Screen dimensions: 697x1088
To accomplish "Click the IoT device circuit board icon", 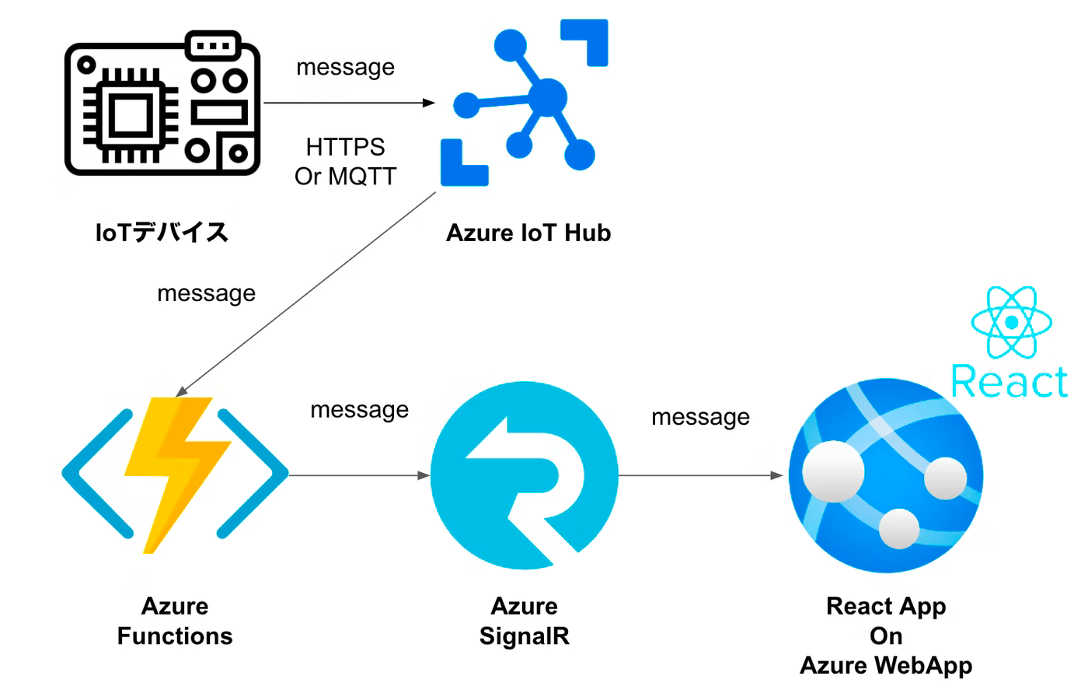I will coord(162,103).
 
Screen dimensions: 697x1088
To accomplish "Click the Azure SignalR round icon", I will coord(525,475).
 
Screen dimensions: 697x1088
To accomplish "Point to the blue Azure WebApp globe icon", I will coord(886,475).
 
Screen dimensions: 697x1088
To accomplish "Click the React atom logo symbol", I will coord(1011,321).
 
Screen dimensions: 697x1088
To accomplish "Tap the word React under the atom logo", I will coord(1010,381).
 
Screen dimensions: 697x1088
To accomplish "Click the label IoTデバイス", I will coord(162,233).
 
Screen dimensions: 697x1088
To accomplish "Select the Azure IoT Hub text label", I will coord(528,233).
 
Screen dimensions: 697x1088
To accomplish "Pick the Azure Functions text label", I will coord(175,621).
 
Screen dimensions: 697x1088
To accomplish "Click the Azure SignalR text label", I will coord(525,621).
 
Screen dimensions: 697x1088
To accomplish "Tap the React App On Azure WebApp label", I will coord(886,636).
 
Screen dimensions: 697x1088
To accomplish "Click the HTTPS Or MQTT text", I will coord(346,161).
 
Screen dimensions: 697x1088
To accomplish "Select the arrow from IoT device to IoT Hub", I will coord(350,103).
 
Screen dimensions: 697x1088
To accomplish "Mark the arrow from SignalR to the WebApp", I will coord(700,475).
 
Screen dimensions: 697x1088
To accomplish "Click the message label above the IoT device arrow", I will coord(346,67).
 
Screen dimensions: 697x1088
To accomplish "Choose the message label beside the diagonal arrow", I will coord(206,293).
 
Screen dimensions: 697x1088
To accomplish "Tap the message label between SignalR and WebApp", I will coord(700,417).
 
